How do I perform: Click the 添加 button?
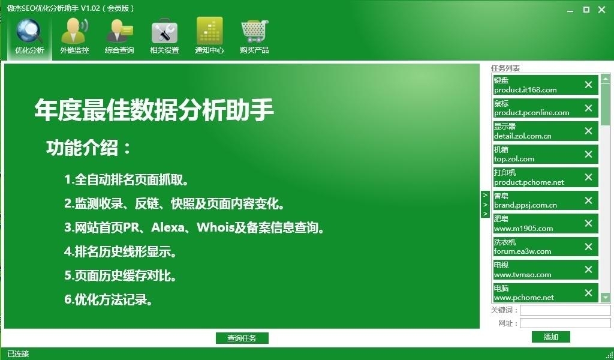550,337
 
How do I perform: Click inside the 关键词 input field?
565,310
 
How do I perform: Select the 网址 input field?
565,323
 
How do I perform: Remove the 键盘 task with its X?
588,85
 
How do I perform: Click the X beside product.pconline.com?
588,108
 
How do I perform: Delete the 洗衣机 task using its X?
588,247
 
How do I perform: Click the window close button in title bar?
603,9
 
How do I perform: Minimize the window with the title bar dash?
569,9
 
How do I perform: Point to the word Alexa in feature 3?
170,228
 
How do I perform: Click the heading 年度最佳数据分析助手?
154,110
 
